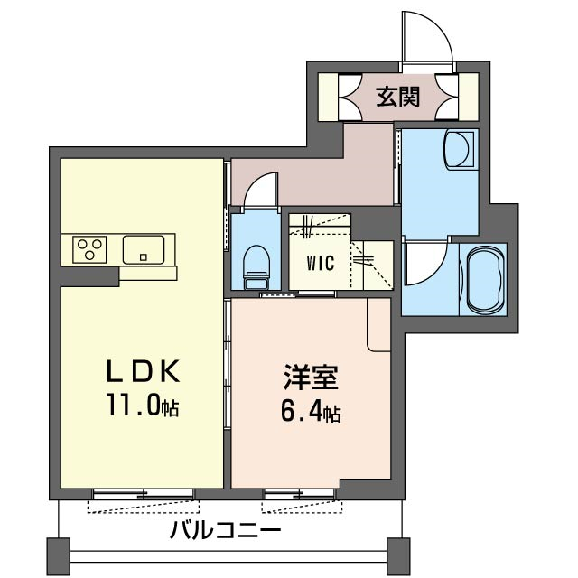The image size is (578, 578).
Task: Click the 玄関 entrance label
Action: click(397, 97)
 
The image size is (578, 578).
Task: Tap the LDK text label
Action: click(143, 370)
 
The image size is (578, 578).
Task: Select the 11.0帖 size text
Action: click(143, 405)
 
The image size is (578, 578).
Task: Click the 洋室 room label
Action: click(311, 378)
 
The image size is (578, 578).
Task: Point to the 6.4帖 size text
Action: click(311, 412)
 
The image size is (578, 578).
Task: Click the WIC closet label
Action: click(321, 263)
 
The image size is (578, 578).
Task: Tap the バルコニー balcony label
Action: click(226, 531)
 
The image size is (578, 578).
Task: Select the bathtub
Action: click(485, 279)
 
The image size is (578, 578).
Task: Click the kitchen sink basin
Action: click(144, 250)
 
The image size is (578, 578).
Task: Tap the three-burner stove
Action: click(89, 249)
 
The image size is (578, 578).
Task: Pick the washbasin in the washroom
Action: click(459, 149)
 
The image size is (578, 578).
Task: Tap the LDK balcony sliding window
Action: click(143, 494)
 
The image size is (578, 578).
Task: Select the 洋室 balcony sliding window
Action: click(300, 494)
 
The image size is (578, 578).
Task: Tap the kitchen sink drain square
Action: click(144, 256)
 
